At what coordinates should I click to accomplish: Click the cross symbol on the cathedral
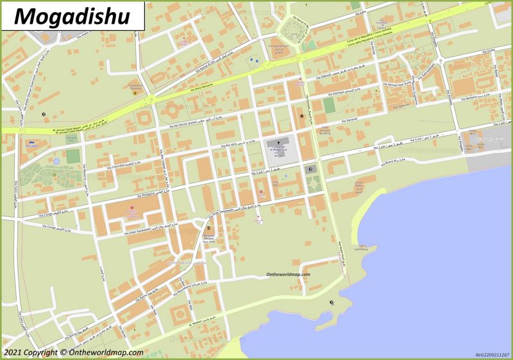(278, 142)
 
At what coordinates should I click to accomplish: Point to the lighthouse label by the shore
(363, 248)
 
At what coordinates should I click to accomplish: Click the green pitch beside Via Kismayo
(329, 105)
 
